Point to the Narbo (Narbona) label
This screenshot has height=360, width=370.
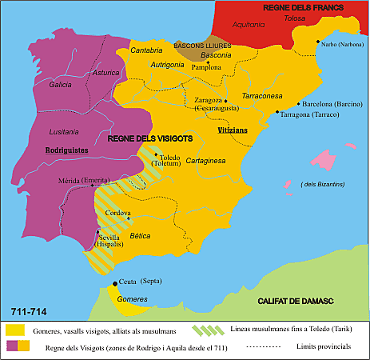tap(344, 46)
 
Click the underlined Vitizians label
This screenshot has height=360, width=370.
tap(233, 129)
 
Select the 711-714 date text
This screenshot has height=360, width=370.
tap(28, 310)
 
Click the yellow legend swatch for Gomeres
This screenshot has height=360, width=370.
tap(14, 329)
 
